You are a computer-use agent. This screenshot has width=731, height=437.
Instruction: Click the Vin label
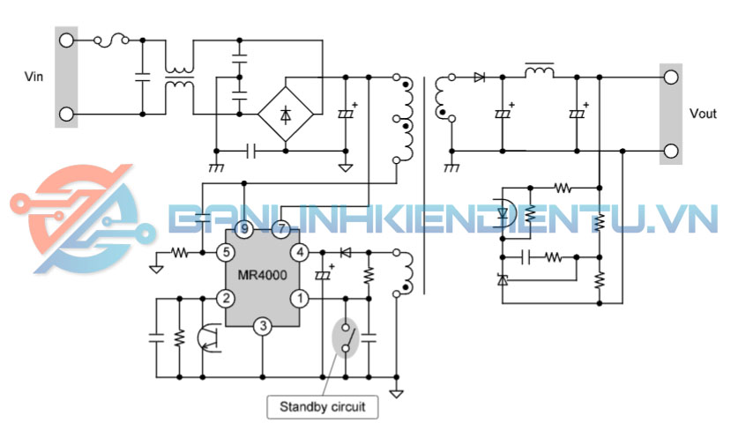[x=34, y=77]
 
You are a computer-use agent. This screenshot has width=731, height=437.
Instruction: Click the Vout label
[x=703, y=114]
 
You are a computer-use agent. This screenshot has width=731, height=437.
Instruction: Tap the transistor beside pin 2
[x=210, y=338]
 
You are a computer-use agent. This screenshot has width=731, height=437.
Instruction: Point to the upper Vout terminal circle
[x=672, y=77]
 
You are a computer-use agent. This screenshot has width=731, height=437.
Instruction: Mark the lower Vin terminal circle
[x=66, y=114]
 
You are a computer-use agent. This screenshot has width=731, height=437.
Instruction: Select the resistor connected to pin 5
[x=180, y=253]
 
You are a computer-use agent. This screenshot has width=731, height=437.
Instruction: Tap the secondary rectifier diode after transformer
[x=479, y=78]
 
